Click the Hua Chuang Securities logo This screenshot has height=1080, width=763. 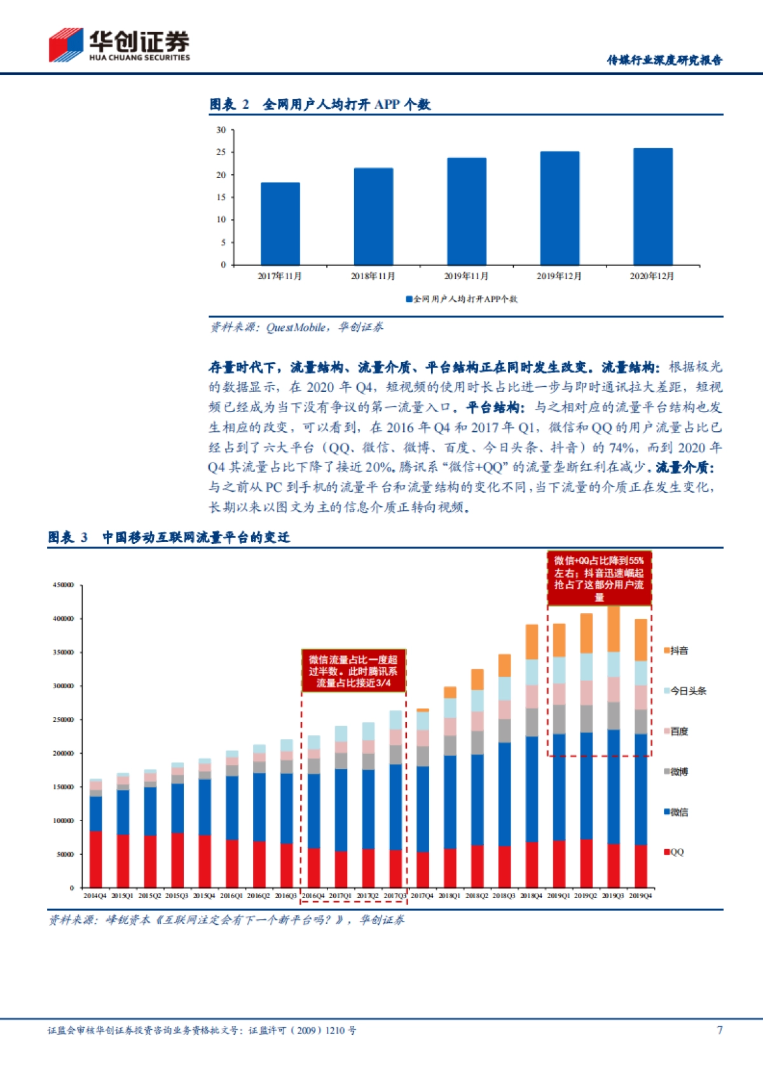pos(119,45)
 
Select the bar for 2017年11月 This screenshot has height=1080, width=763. pos(280,223)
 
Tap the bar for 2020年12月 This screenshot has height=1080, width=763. pos(652,206)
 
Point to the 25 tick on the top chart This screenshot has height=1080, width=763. pos(221,152)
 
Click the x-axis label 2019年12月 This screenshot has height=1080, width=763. pos(559,276)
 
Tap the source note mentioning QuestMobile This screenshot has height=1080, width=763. pos(296,327)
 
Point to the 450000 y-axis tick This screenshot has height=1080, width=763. pos(63,585)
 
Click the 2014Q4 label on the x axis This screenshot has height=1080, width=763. pos(95,896)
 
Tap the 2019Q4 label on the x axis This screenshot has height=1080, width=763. pos(640,896)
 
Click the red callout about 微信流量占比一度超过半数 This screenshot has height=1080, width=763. pos(354,671)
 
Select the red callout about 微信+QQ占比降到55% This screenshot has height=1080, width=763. pos(599,578)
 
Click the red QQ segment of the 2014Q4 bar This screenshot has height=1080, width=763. pos(95,859)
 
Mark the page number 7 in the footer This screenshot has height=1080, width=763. pos(720,1030)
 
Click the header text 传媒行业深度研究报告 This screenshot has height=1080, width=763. pos(664,60)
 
